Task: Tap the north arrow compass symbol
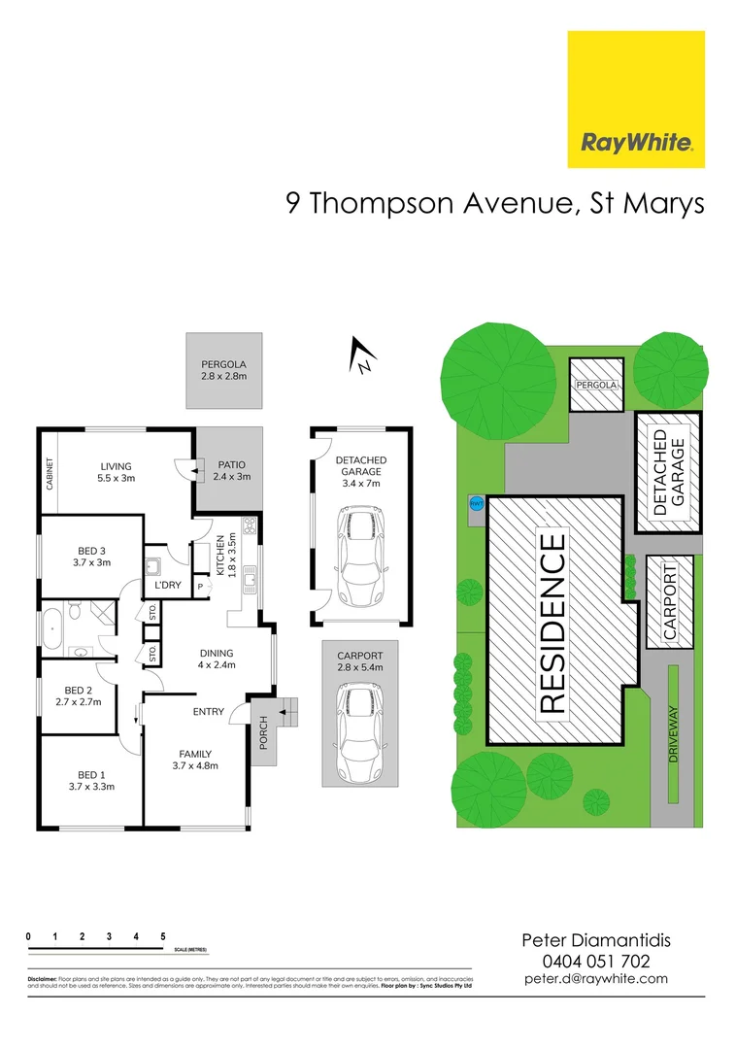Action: [362, 355]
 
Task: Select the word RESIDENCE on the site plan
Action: [552, 624]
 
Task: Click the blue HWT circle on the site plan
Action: [476, 504]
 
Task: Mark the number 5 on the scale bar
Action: [163, 936]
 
